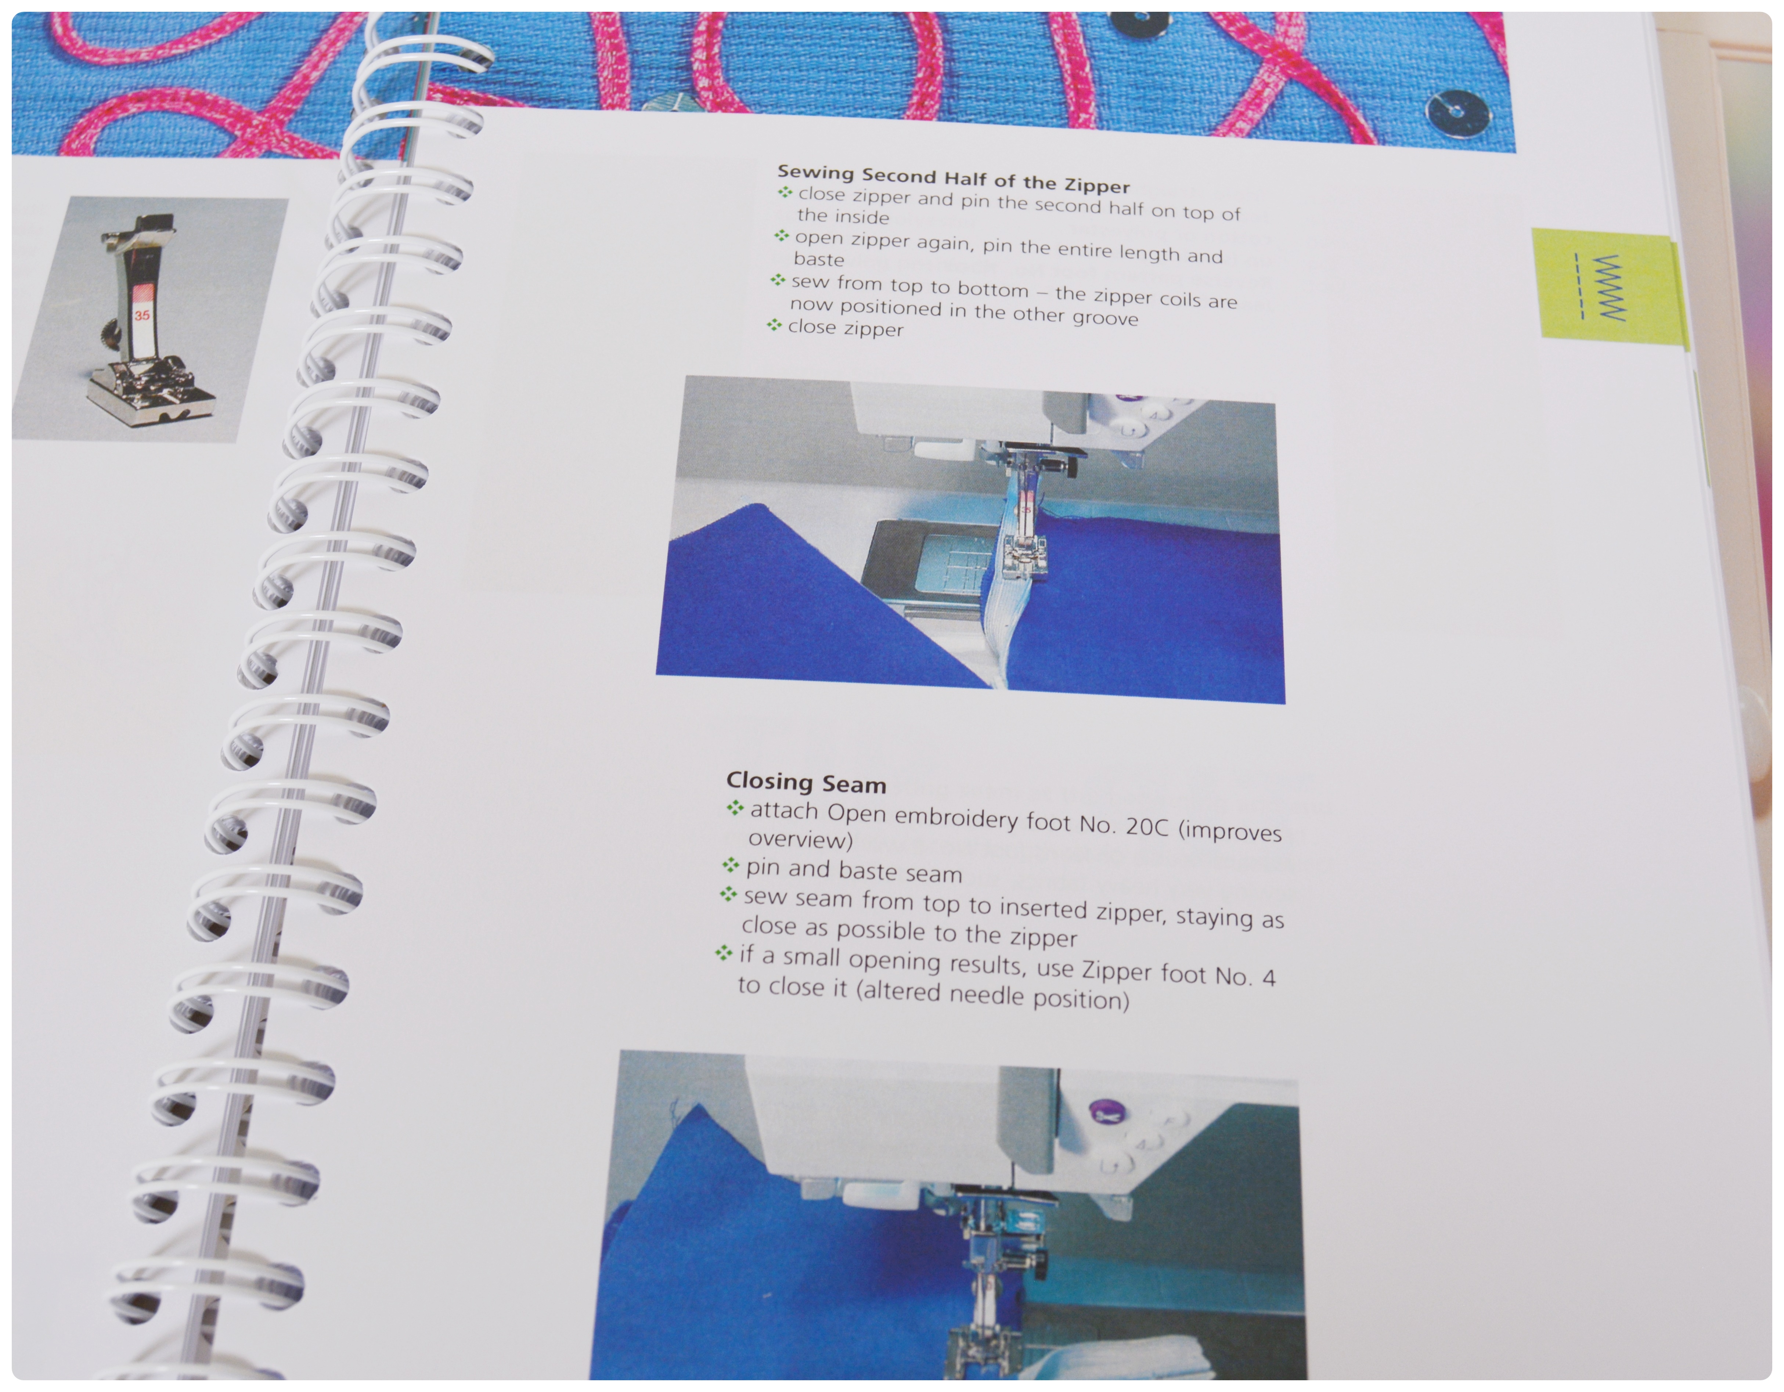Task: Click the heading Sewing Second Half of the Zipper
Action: [953, 179]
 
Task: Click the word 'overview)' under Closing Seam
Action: [800, 840]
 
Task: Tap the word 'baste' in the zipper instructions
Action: [818, 259]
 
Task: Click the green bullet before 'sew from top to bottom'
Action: [778, 280]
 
